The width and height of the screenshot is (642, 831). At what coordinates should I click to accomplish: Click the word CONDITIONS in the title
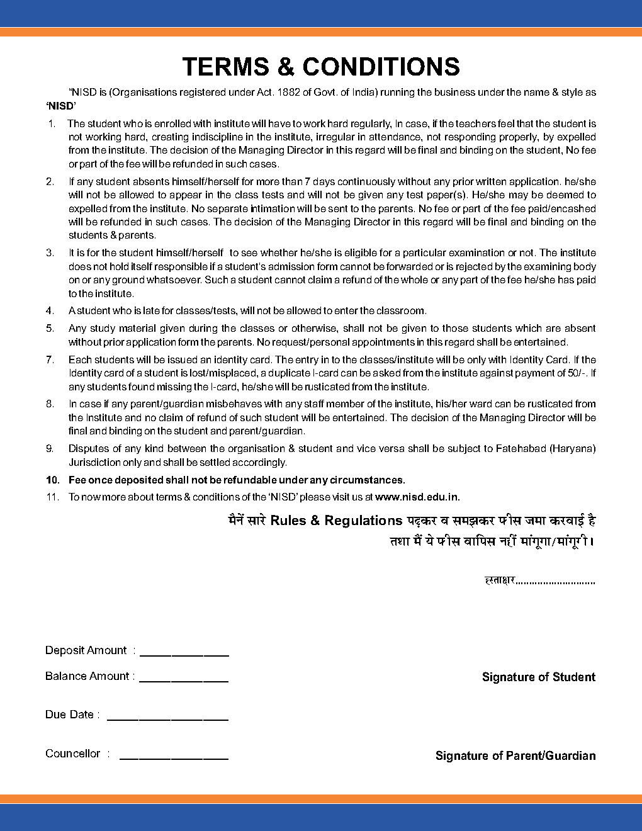[x=381, y=67]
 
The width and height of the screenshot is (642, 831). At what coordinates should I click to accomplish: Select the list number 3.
[x=50, y=252]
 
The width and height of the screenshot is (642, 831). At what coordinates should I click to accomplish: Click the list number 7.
[x=50, y=359]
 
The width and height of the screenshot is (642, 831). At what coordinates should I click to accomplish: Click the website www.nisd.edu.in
[x=417, y=497]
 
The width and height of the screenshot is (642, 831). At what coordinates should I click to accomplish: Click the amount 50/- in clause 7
[x=575, y=373]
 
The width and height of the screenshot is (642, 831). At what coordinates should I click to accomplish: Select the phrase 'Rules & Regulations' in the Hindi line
[x=336, y=521]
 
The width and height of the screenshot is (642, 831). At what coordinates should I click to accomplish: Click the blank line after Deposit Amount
[x=184, y=655]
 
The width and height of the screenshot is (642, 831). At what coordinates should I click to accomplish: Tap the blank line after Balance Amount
[x=184, y=681]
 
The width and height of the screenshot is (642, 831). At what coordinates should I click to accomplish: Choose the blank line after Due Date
[x=167, y=719]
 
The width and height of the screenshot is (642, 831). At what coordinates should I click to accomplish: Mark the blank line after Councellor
[x=174, y=758]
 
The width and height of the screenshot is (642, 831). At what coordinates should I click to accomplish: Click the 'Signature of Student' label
[x=538, y=677]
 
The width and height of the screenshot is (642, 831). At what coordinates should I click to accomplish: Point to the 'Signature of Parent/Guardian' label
[x=515, y=756]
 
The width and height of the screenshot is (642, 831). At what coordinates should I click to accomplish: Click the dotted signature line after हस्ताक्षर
[x=555, y=582]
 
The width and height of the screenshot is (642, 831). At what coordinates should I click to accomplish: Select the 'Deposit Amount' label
[x=86, y=650]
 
